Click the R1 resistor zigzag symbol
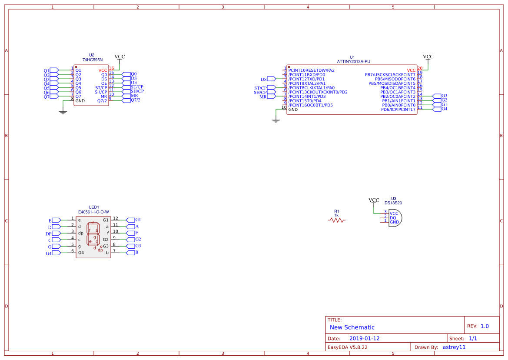point(336,220)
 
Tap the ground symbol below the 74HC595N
point(63,112)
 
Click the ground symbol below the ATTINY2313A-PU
point(276,121)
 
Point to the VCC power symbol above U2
point(119,57)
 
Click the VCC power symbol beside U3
point(374,200)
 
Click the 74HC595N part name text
point(93,60)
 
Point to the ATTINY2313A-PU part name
point(353,62)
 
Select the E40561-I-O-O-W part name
point(93,212)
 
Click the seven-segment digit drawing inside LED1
point(94,235)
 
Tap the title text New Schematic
point(352,327)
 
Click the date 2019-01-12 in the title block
point(364,338)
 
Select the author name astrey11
point(454,347)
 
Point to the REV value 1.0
point(485,326)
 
